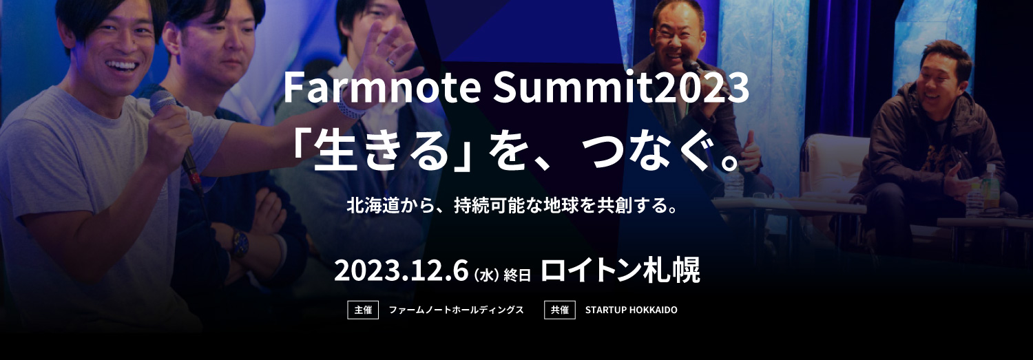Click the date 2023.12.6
[x=401, y=271]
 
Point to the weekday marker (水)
[x=487, y=275]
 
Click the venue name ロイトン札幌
[x=620, y=270]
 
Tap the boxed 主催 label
[x=363, y=310]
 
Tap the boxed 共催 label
[x=559, y=310]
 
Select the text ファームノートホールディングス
[x=456, y=310]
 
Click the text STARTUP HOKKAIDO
[x=632, y=310]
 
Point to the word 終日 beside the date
[x=517, y=275]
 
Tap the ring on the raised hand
[x=390, y=61]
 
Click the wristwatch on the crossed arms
[x=240, y=242]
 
